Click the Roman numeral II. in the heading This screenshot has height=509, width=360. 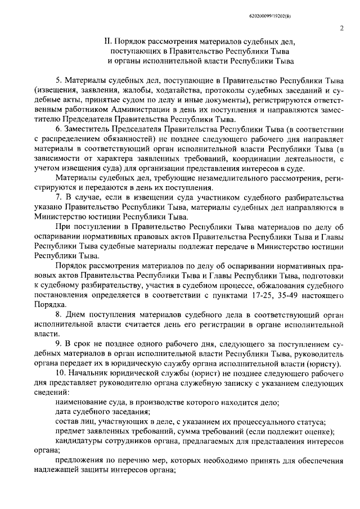108,42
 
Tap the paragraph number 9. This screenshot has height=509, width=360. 58,343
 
